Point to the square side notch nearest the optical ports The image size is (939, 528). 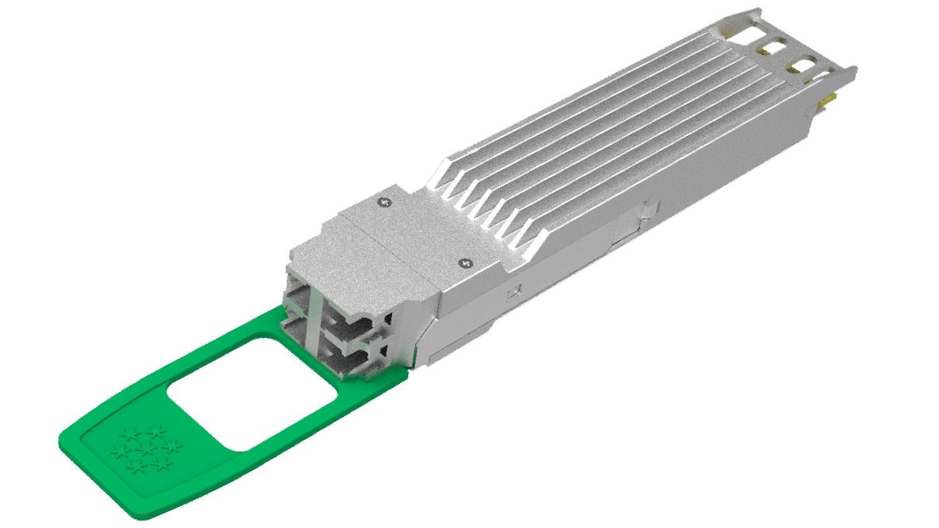click(x=514, y=290)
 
